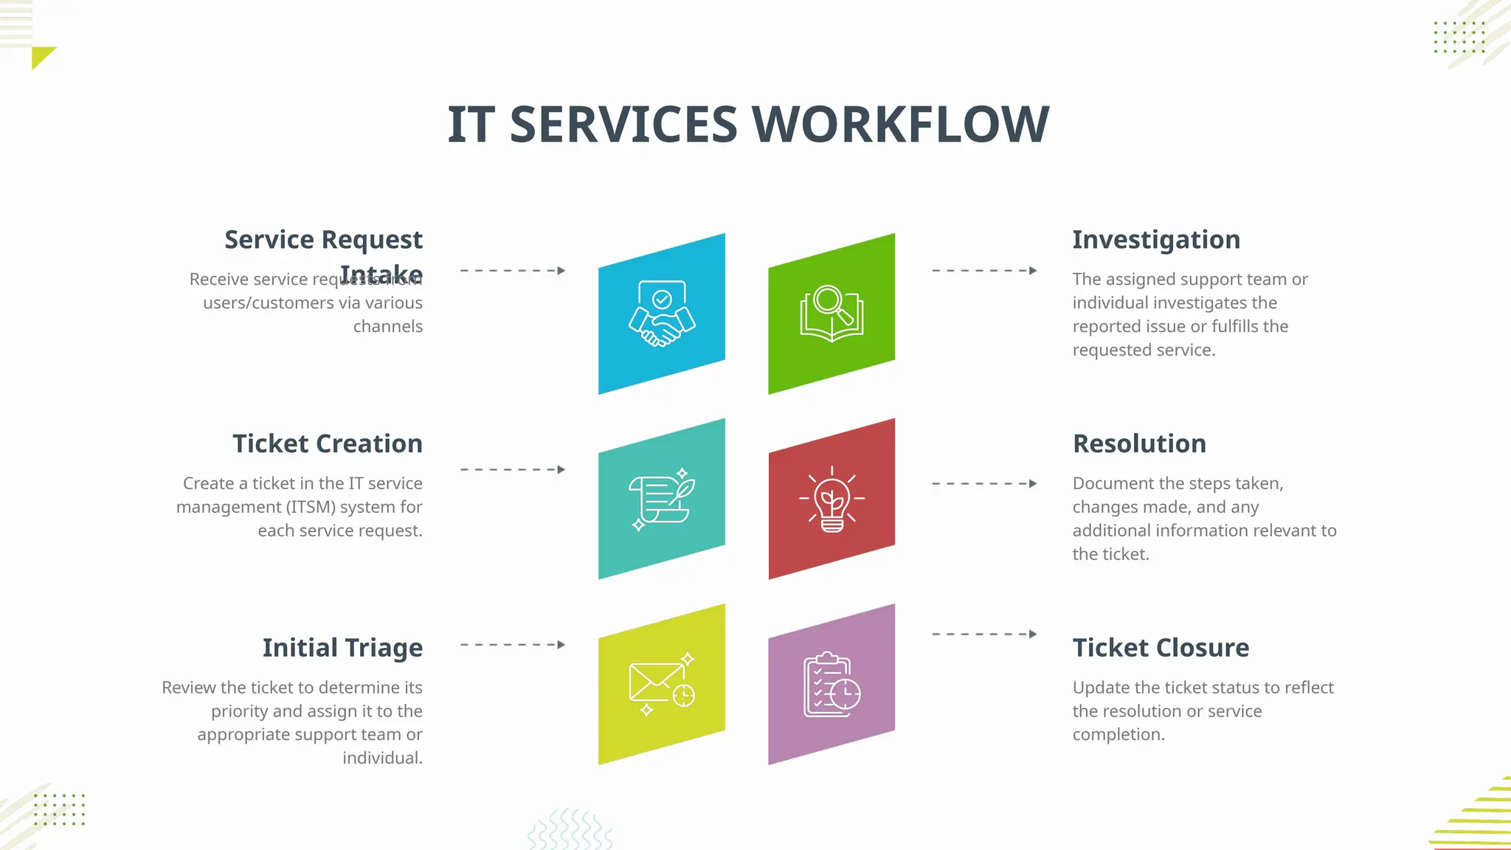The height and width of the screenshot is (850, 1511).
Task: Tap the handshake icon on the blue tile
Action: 662,314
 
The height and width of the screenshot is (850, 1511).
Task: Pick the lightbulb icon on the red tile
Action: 831,499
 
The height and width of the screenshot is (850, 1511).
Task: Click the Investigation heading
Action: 1155,240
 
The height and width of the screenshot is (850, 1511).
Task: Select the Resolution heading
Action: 1139,443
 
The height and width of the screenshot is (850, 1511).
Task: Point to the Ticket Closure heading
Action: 1161,647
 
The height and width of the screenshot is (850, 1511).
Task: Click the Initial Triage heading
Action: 342,647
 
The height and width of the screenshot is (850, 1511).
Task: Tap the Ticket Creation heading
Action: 328,443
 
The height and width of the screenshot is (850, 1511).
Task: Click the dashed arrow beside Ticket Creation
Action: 513,469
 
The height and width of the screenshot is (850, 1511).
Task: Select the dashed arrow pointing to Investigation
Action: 984,271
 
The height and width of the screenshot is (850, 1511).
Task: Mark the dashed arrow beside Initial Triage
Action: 513,644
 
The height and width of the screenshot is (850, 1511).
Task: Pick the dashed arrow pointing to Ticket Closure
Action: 984,634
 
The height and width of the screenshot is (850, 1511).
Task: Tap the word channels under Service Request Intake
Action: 387,326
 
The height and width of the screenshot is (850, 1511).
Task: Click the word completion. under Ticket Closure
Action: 1118,734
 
